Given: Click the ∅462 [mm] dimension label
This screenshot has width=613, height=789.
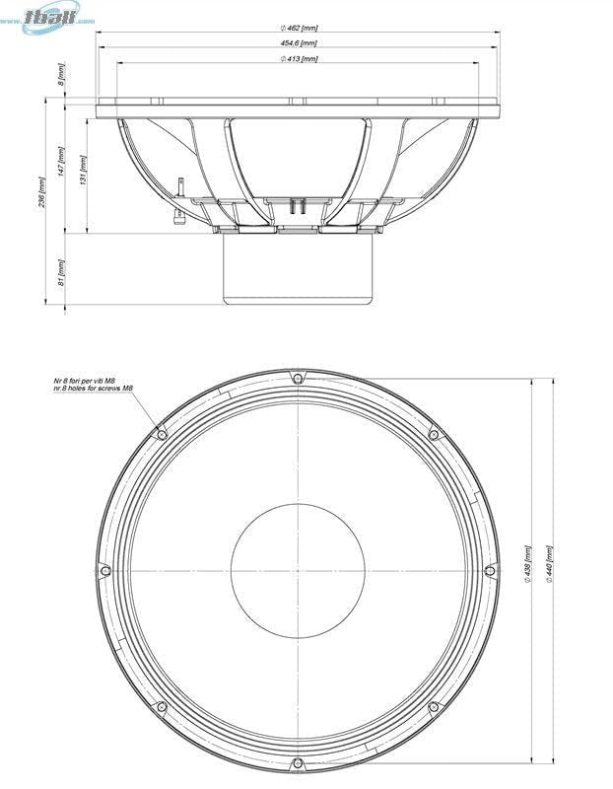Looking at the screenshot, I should coord(298,28).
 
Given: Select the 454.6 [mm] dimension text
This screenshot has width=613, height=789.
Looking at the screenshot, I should coord(298,43).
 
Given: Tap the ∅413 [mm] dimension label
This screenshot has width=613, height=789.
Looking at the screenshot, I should coord(298,59).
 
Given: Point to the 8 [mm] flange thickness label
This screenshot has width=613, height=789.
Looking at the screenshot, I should coord(61,75).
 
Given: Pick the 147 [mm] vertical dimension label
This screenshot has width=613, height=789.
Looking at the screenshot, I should coord(61,162).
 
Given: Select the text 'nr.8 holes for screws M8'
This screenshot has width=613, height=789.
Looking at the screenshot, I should coord(93,389).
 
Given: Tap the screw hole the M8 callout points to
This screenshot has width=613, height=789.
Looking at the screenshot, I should coord(162,434).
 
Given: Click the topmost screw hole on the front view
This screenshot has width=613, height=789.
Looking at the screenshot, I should coord(298,378).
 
